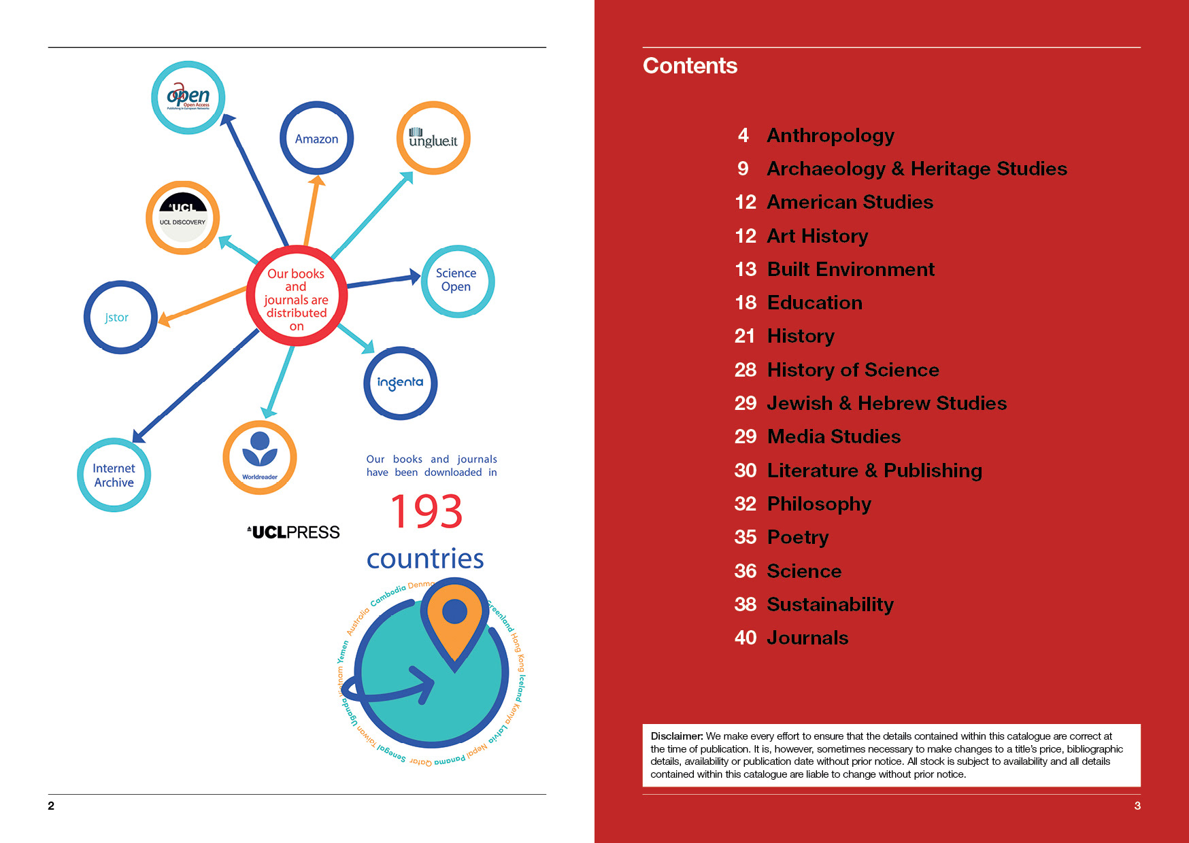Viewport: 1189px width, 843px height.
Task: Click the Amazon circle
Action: point(316,138)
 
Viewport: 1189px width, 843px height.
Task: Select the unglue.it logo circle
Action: point(433,138)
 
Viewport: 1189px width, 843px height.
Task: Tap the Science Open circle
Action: point(457,281)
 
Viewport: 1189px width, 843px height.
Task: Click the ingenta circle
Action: point(400,383)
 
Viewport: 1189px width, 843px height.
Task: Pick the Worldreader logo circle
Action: point(260,458)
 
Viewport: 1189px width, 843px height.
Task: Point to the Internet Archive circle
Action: point(114,475)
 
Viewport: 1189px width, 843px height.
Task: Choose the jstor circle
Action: point(120,317)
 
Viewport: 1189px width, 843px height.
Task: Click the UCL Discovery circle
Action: point(182,218)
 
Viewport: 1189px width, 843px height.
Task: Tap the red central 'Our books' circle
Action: point(297,297)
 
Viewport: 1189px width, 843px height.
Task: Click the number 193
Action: point(426,511)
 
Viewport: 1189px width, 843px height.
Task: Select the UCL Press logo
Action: point(293,532)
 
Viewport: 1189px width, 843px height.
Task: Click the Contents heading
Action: point(690,66)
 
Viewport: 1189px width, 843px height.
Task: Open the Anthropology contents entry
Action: point(830,135)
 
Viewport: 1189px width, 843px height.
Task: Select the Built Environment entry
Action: point(850,269)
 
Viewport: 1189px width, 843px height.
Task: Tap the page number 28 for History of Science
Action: point(746,370)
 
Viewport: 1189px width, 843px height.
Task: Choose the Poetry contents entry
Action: point(797,537)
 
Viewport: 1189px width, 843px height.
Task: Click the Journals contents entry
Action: point(807,638)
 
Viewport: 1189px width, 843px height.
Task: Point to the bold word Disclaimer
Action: point(676,736)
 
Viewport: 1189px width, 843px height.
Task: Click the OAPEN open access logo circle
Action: point(188,97)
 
